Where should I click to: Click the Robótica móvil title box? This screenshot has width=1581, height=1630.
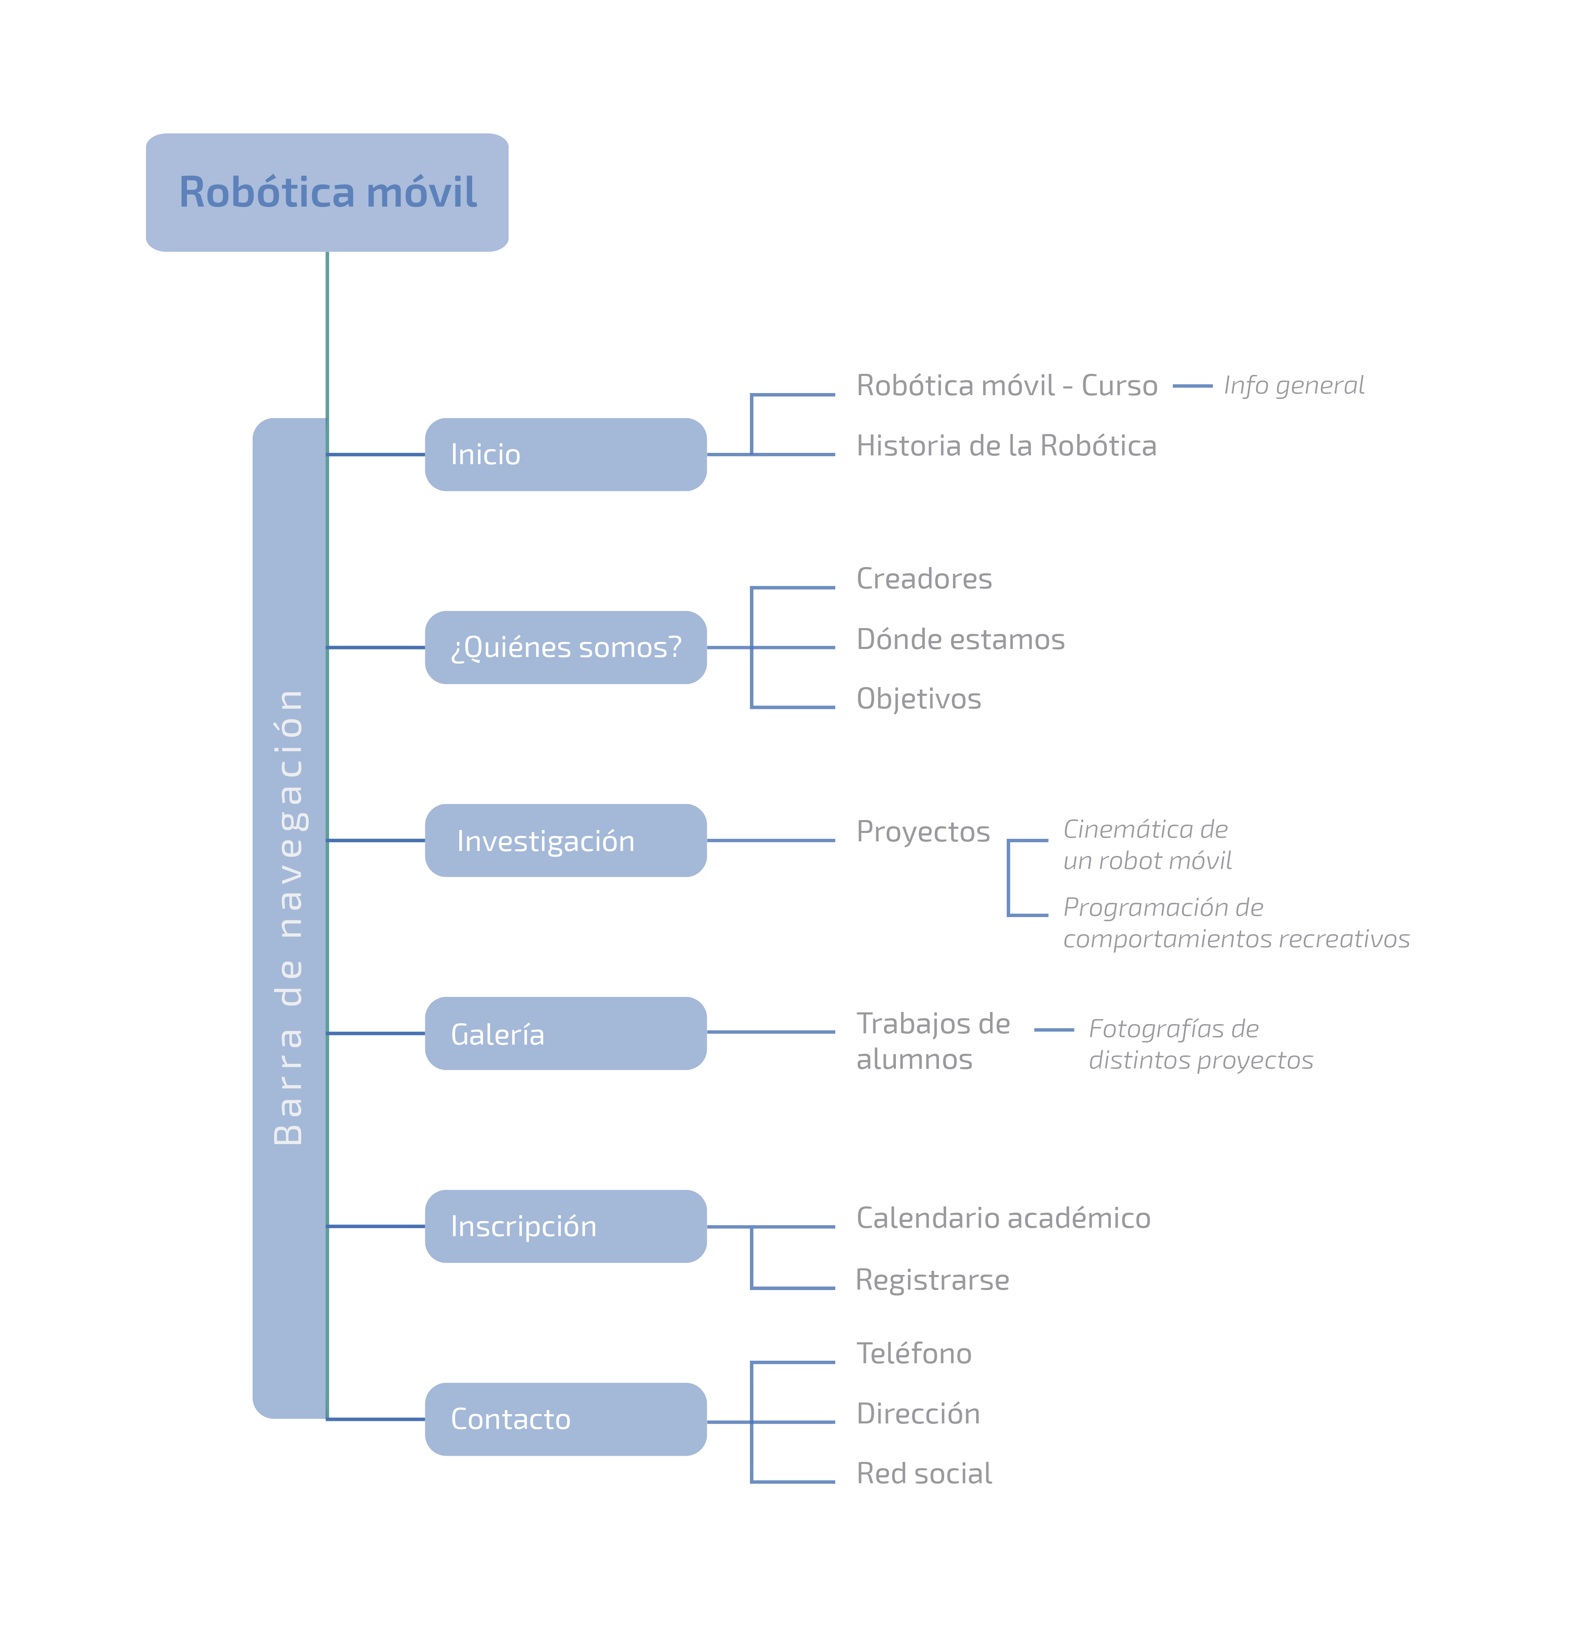[327, 192]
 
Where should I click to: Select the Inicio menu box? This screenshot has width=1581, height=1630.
[565, 454]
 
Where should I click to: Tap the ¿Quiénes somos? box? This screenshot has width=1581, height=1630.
[565, 647]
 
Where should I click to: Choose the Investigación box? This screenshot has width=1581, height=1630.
[565, 840]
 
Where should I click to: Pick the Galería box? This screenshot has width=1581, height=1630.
[565, 1033]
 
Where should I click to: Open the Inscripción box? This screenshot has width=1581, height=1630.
[565, 1226]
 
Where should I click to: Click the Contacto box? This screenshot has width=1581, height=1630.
[565, 1419]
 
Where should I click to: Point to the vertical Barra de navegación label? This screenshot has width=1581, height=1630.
[289, 917]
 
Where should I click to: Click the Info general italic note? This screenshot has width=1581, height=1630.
[1293, 385]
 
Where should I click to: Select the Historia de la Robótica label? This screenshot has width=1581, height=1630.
[1006, 446]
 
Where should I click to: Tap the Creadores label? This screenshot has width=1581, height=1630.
[924, 579]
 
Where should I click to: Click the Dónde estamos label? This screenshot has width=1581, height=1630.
[961, 639]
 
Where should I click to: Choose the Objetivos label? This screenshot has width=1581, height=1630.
[919, 699]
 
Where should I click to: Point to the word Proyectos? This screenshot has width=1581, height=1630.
[923, 832]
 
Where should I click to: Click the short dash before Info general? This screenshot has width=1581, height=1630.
[1192, 386]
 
